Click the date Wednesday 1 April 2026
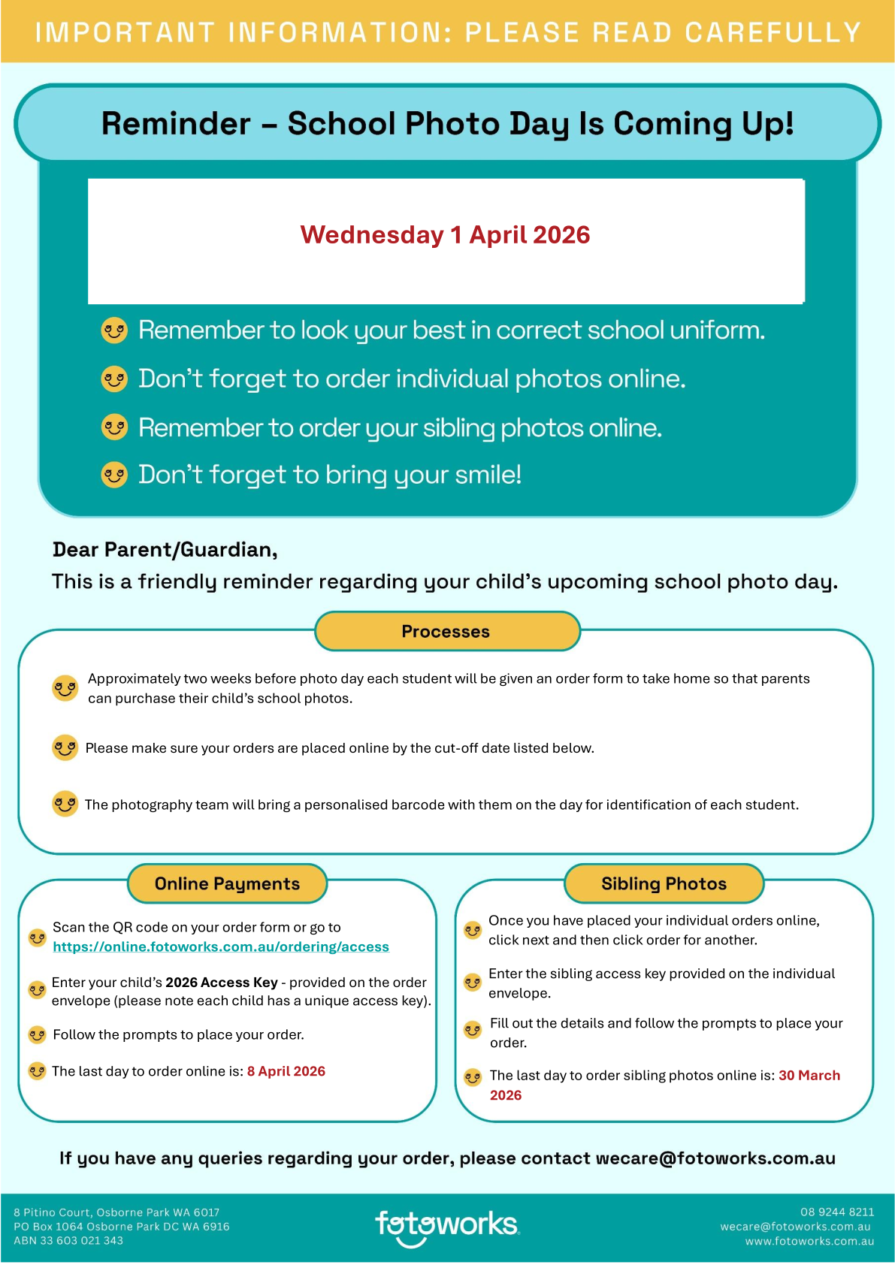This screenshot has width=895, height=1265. point(445,235)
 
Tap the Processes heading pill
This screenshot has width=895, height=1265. point(446,632)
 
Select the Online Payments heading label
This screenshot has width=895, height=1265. point(227,884)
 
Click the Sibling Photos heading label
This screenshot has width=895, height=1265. point(664,884)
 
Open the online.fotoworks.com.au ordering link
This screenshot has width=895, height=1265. point(221,947)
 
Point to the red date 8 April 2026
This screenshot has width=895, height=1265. point(286,1071)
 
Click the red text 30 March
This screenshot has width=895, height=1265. point(809,1076)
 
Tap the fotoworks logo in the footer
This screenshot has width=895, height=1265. point(446,1226)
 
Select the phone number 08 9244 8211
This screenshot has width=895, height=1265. point(837,1212)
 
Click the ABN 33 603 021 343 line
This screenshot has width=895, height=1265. point(68,1241)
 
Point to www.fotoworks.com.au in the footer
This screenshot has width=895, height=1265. point(809,1242)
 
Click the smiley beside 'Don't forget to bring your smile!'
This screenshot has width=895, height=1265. point(114,475)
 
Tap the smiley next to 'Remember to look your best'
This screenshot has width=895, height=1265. point(114,331)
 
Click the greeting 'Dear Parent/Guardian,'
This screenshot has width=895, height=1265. point(165,550)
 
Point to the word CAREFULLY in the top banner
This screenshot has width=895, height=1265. point(773,33)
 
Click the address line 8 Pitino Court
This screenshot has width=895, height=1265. point(116,1212)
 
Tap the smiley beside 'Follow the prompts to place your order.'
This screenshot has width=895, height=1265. point(37,1035)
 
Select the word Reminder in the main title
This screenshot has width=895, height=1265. point(176,124)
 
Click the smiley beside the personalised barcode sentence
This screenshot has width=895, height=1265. point(65,804)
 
